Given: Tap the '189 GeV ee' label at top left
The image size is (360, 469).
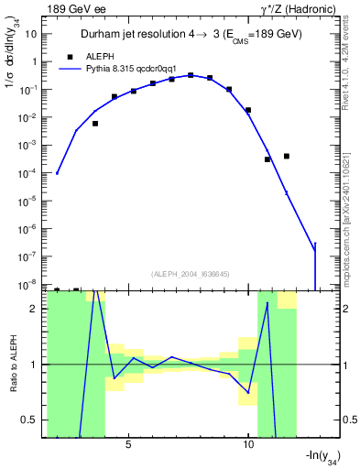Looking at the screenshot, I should coord(76,9).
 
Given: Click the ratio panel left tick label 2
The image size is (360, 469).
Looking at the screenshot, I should coord(34,309).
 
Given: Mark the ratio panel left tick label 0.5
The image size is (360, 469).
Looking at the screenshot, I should coord(30,420).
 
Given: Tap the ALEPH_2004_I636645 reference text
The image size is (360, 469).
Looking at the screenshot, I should coord(188,274).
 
